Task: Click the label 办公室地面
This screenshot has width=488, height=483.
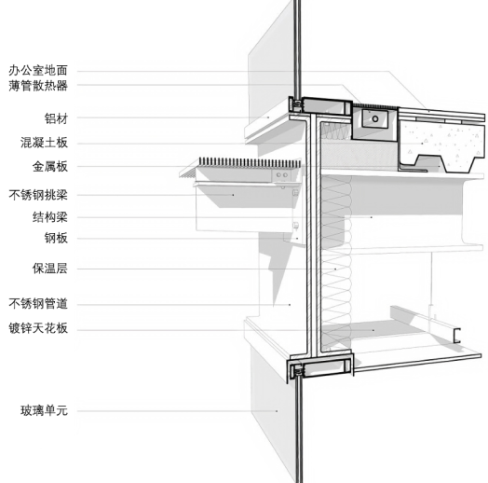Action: tap(38, 71)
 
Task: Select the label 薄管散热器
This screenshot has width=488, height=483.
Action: tap(38, 86)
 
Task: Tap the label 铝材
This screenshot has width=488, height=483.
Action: tap(56, 118)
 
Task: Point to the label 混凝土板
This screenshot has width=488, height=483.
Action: tap(44, 143)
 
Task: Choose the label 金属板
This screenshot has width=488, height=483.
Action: tap(49, 166)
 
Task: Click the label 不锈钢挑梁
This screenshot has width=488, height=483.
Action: tap(38, 195)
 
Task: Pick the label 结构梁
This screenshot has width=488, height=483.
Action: tap(49, 217)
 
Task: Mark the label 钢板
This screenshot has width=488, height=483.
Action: tap(56, 238)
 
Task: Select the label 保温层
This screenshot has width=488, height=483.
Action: tap(49, 269)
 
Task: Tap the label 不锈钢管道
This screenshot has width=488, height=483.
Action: tap(38, 304)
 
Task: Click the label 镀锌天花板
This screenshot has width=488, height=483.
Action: tap(38, 328)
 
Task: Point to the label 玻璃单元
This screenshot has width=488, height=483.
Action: tap(44, 410)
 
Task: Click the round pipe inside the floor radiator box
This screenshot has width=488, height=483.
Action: tap(375, 118)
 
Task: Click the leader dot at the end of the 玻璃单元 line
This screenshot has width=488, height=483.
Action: tap(277, 411)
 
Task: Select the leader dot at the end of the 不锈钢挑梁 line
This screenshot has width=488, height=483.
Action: tap(233, 195)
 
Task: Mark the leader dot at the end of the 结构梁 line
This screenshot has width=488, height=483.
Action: tap(372, 217)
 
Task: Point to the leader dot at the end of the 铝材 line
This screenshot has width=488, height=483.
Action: tap(269, 117)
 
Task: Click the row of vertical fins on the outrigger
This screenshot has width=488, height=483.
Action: tap(250, 162)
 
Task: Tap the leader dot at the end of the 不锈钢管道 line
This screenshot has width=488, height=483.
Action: tap(290, 305)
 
